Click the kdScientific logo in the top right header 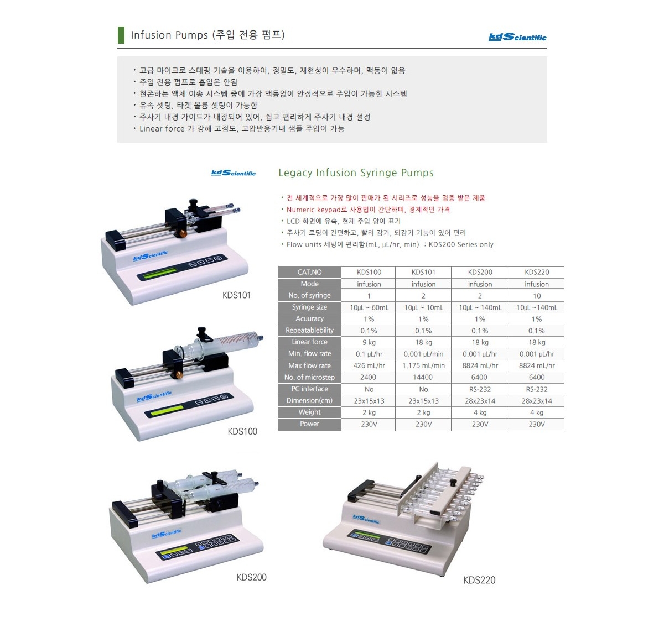[517, 37]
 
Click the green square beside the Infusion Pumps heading [121, 35]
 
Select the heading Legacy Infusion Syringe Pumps [356, 173]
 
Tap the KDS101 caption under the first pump [236, 295]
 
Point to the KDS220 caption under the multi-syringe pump [479, 580]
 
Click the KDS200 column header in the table [480, 272]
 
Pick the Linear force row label [310, 342]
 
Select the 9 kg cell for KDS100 [369, 342]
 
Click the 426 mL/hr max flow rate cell [369, 365]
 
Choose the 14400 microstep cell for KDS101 [423, 377]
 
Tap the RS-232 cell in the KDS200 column [480, 389]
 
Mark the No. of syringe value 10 [537, 296]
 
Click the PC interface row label [310, 389]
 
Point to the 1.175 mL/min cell [423, 365]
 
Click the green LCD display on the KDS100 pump [167, 410]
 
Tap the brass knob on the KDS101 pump [182, 233]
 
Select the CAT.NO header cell [310, 272]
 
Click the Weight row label [310, 412]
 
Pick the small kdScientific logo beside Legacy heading [234, 173]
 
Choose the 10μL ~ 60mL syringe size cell [369, 307]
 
